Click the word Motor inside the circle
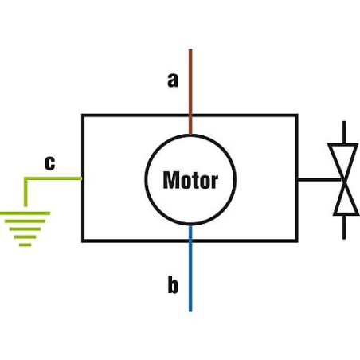pos(190,180)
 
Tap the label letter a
pos(172,80)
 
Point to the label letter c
pos(49,163)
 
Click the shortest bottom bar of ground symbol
pos(25,245)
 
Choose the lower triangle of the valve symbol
pos(344,199)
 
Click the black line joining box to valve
pos(315,179)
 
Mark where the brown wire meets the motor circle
pos(190,134)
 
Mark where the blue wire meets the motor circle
pos(190,225)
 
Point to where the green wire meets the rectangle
pos(83,178)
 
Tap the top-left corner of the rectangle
pos(83,115)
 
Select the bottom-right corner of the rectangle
pos(297,240)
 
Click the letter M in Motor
pos(170,180)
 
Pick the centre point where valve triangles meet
pos(344,180)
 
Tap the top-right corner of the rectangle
pos(297,115)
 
